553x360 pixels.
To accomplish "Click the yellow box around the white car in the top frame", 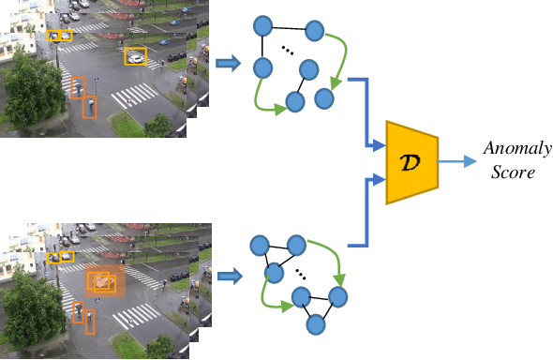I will tap(135, 56).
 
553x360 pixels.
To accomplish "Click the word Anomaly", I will tap(516, 150).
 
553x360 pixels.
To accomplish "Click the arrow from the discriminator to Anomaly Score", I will tap(454, 160).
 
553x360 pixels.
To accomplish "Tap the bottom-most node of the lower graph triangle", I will tap(317, 325).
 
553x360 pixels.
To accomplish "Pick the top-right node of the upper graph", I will tap(314, 31).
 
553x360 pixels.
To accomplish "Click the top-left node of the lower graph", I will tap(260, 246).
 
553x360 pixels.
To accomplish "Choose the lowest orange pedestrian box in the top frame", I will tap(90, 107).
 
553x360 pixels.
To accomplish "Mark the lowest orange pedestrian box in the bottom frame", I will tap(90, 322).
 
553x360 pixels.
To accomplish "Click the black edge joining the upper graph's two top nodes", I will tap(289, 27).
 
